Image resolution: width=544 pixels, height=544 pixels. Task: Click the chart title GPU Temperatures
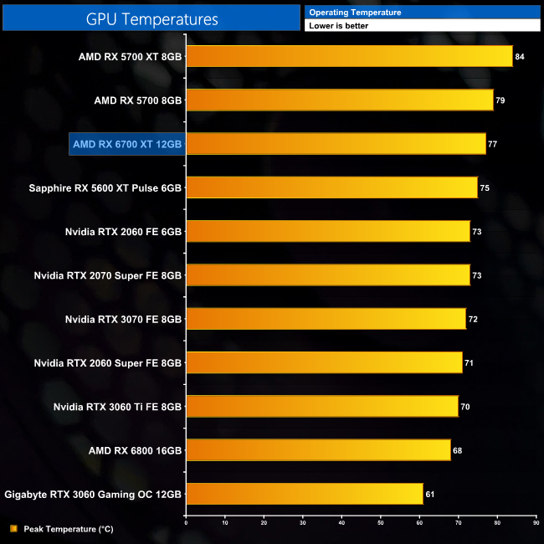pyautogui.click(x=151, y=18)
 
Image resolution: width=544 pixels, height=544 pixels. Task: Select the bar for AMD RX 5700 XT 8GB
pyautogui.click(x=349, y=56)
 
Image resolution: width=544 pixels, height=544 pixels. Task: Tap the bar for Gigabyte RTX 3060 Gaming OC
pyautogui.click(x=304, y=494)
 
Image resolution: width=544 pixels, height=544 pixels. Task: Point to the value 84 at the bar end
pyautogui.click(x=520, y=57)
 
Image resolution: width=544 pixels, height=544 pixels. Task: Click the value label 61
pyautogui.click(x=430, y=495)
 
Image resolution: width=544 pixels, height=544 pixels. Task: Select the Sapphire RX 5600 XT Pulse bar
pyautogui.click(x=331, y=187)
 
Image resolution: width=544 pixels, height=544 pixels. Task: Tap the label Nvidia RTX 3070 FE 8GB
pyautogui.click(x=123, y=319)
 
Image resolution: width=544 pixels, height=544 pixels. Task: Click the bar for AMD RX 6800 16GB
pyautogui.click(x=318, y=450)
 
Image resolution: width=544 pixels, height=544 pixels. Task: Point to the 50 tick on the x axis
pyautogui.click(x=381, y=523)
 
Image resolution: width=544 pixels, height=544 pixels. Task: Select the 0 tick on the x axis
pyautogui.click(x=186, y=523)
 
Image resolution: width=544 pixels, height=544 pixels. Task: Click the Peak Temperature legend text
pyautogui.click(x=69, y=529)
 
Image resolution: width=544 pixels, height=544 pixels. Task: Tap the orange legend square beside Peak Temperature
pyautogui.click(x=13, y=529)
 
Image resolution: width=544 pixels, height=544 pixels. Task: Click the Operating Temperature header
pyautogui.click(x=355, y=13)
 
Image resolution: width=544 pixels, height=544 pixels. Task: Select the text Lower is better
pyautogui.click(x=339, y=26)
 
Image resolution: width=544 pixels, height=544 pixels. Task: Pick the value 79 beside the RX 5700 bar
pyautogui.click(x=500, y=100)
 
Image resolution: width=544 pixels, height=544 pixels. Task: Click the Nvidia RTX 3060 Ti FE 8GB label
pyautogui.click(x=118, y=407)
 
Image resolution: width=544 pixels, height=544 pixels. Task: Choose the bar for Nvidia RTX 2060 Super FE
pyautogui.click(x=324, y=362)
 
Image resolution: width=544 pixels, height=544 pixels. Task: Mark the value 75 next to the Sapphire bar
pyautogui.click(x=485, y=188)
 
